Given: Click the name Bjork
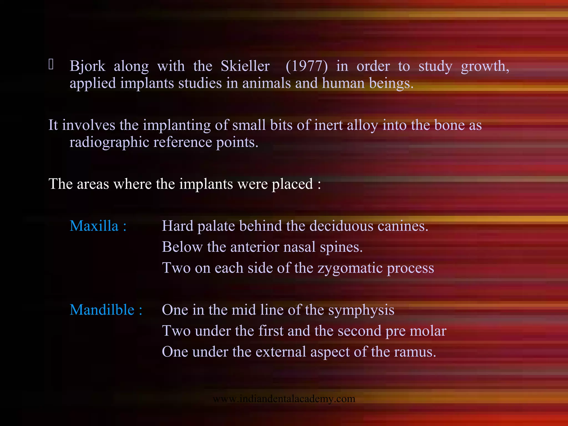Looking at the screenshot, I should [x=87, y=66].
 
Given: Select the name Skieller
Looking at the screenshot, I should [x=245, y=66].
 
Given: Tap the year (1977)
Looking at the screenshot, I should [x=306, y=66].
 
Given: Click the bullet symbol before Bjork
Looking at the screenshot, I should [x=51, y=64].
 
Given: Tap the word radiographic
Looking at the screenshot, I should [x=109, y=143].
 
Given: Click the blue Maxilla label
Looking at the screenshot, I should [x=98, y=226].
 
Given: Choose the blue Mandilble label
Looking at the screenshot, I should [x=106, y=310].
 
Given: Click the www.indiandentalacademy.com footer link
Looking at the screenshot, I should [x=284, y=399].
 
